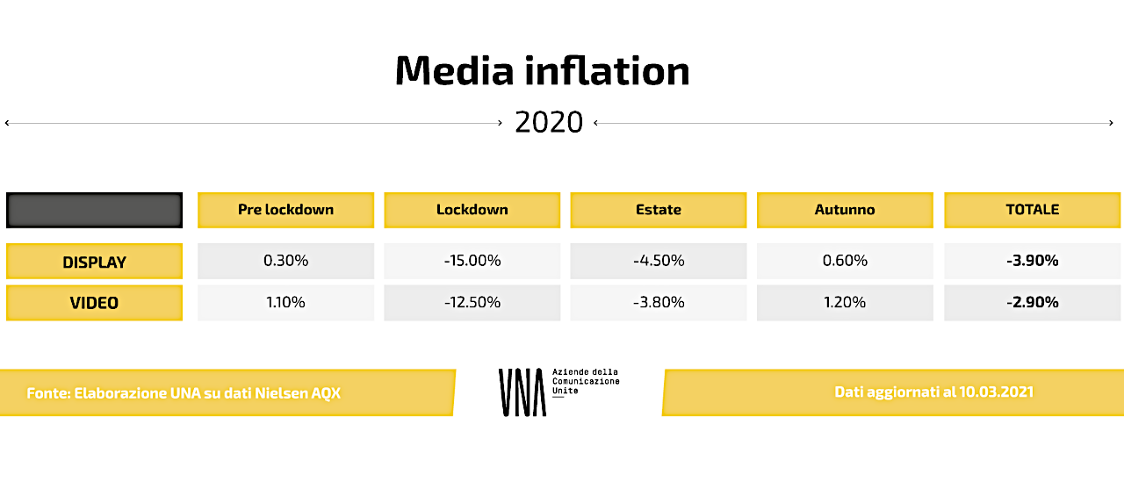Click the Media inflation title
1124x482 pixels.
click(543, 71)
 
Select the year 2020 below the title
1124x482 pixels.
click(549, 122)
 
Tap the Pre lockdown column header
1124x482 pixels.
click(285, 210)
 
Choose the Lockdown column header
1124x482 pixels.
click(472, 210)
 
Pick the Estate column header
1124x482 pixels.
click(659, 210)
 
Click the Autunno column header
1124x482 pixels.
click(845, 210)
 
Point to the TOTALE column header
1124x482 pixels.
click(1032, 210)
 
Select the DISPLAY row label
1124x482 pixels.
click(94, 262)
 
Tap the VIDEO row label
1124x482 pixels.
click(94, 303)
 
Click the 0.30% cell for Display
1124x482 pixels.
click(285, 261)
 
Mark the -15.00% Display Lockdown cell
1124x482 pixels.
click(472, 261)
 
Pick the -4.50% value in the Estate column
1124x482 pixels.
click(659, 261)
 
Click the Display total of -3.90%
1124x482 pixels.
click(1032, 261)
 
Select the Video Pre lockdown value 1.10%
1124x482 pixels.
click(285, 302)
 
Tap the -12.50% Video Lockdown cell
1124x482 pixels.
click(472, 302)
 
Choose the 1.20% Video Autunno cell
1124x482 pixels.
click(845, 302)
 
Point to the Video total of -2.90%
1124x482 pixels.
click(1032, 302)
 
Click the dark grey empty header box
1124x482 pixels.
click(94, 210)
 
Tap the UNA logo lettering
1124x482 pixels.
click(522, 392)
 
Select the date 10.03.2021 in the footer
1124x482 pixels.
click(996, 392)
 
